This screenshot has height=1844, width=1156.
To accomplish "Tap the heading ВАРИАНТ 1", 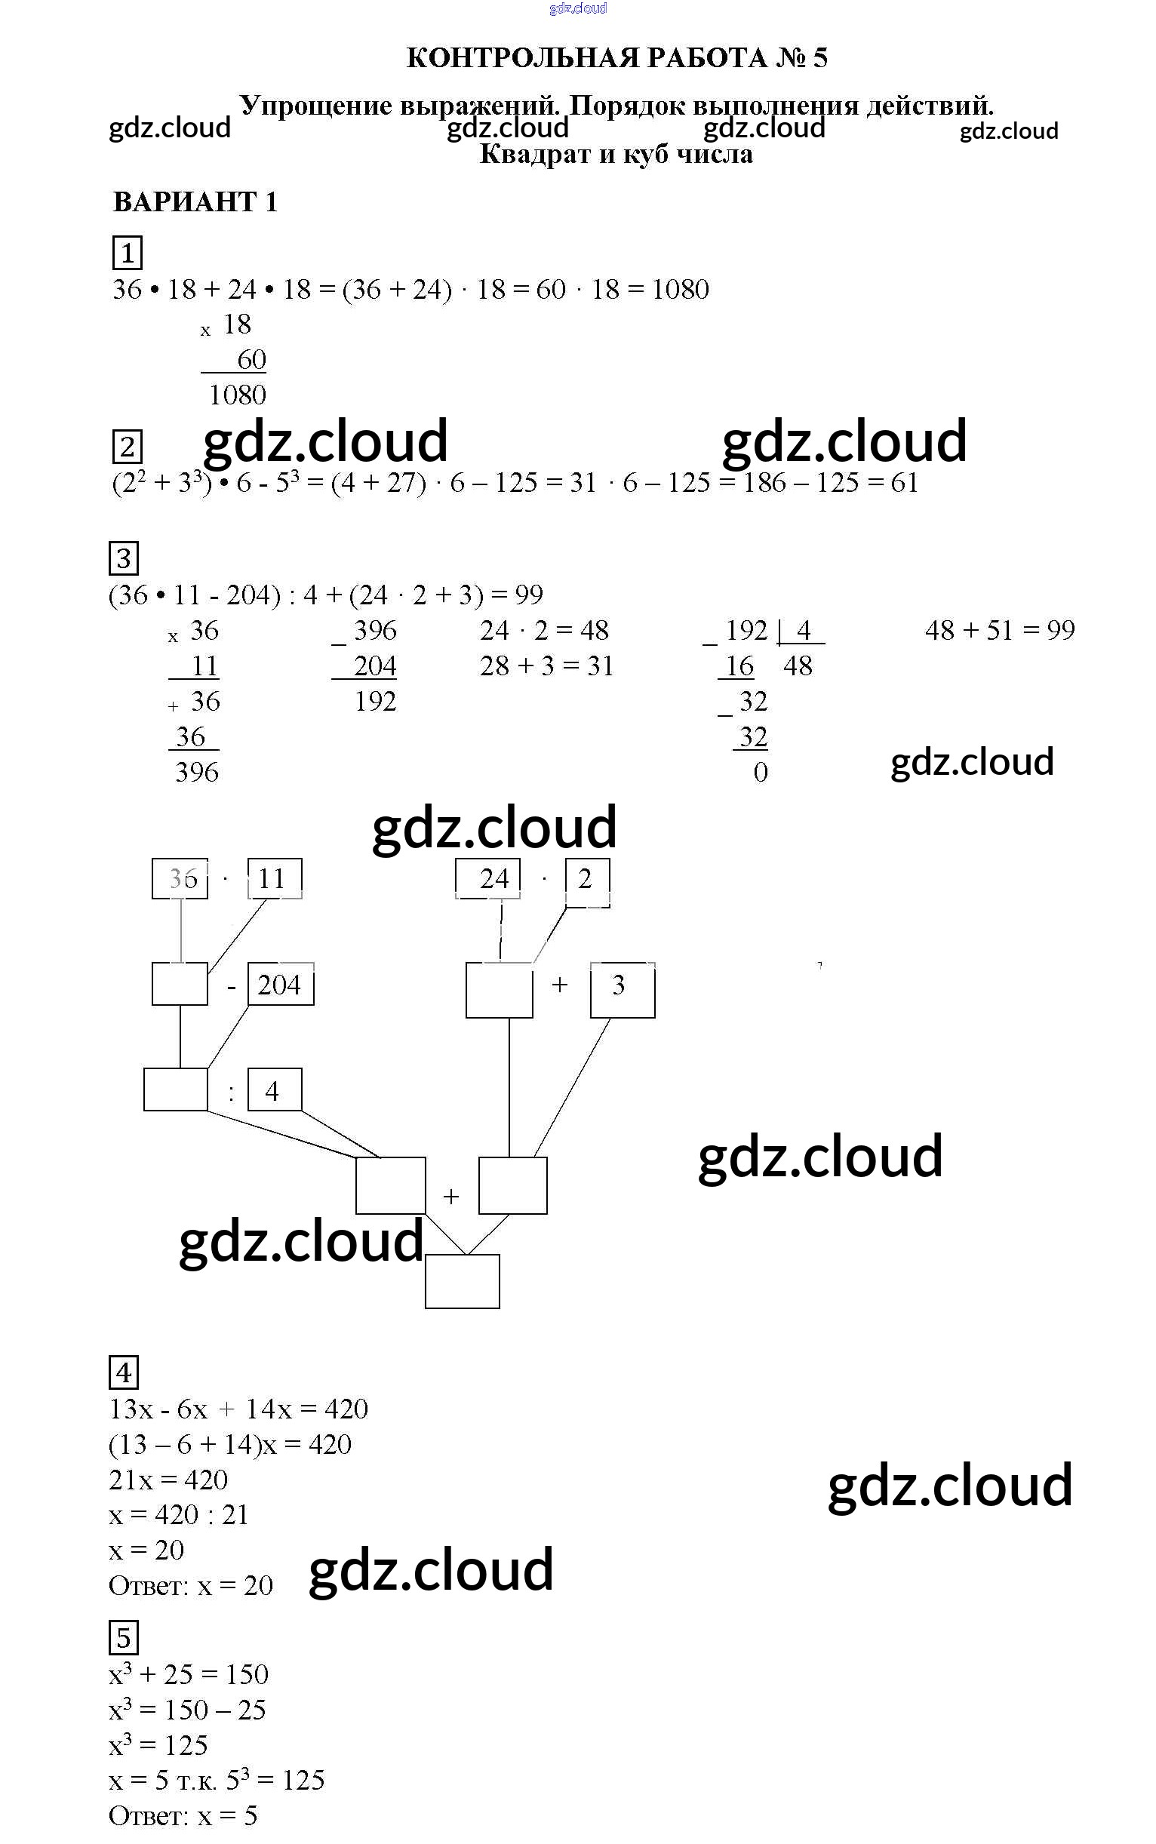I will [x=195, y=202].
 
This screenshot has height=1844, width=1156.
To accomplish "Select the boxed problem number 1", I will [x=128, y=252].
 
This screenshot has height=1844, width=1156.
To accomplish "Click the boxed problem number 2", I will [x=127, y=447].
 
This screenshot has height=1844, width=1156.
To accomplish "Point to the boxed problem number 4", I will [x=124, y=1373].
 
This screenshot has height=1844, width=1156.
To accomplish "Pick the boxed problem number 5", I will [x=124, y=1637].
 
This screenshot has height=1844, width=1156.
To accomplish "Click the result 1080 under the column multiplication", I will [x=238, y=395].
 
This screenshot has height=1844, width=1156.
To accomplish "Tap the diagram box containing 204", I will [x=280, y=985].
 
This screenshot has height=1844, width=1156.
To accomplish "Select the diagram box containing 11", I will [x=274, y=878].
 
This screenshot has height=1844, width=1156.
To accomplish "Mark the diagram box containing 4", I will [x=274, y=1091].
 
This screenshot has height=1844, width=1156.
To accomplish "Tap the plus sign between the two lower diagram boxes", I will [x=451, y=1197].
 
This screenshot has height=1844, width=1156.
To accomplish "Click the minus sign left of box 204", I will [x=231, y=986].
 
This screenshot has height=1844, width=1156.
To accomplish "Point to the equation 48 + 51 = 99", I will [x=999, y=630].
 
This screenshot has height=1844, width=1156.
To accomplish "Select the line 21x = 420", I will [x=168, y=1480].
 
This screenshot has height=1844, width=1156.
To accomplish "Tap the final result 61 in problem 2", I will [x=904, y=482].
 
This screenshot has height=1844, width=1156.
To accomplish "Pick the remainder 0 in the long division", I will [x=760, y=772].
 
